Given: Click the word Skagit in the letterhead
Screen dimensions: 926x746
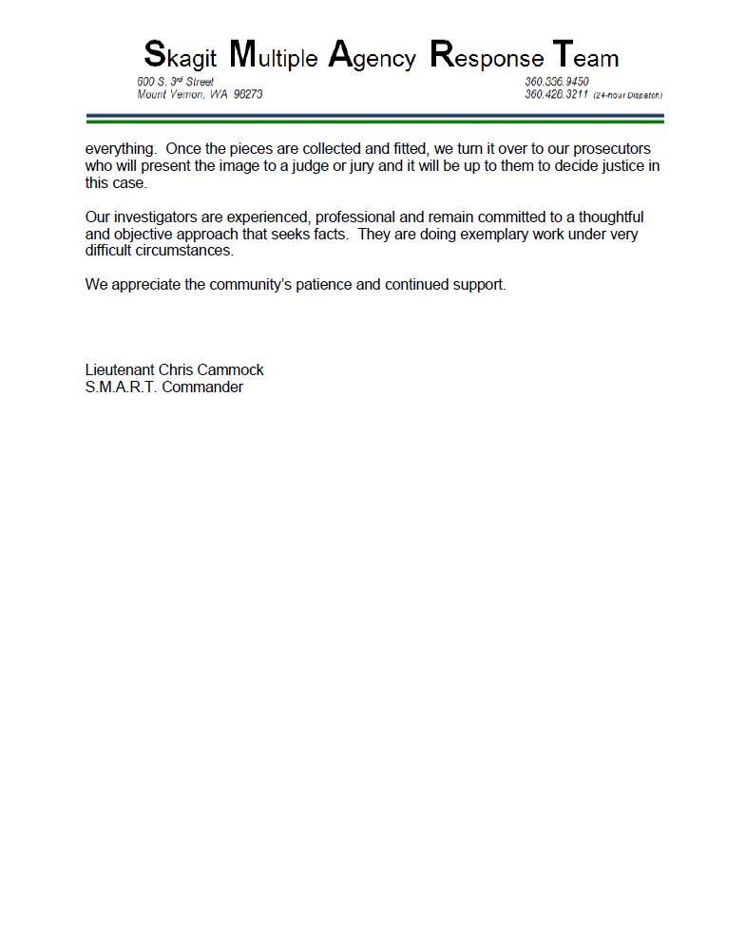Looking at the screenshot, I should click(x=181, y=56).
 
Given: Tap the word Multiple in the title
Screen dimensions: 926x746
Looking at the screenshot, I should click(x=274, y=56).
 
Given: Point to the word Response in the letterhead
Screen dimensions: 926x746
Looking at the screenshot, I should click(x=487, y=56).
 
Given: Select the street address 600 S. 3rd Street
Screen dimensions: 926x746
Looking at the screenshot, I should click(x=176, y=82).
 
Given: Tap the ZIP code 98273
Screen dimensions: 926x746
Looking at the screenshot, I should click(x=248, y=95).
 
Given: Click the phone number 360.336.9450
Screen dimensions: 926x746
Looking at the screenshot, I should click(x=557, y=82).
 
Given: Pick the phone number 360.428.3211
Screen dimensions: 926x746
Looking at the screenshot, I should click(x=557, y=95).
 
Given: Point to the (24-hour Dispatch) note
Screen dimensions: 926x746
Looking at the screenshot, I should click(x=627, y=96).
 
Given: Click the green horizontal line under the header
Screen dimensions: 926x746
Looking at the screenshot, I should click(x=374, y=122).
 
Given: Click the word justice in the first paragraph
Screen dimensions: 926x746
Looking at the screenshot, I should click(x=609, y=166).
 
